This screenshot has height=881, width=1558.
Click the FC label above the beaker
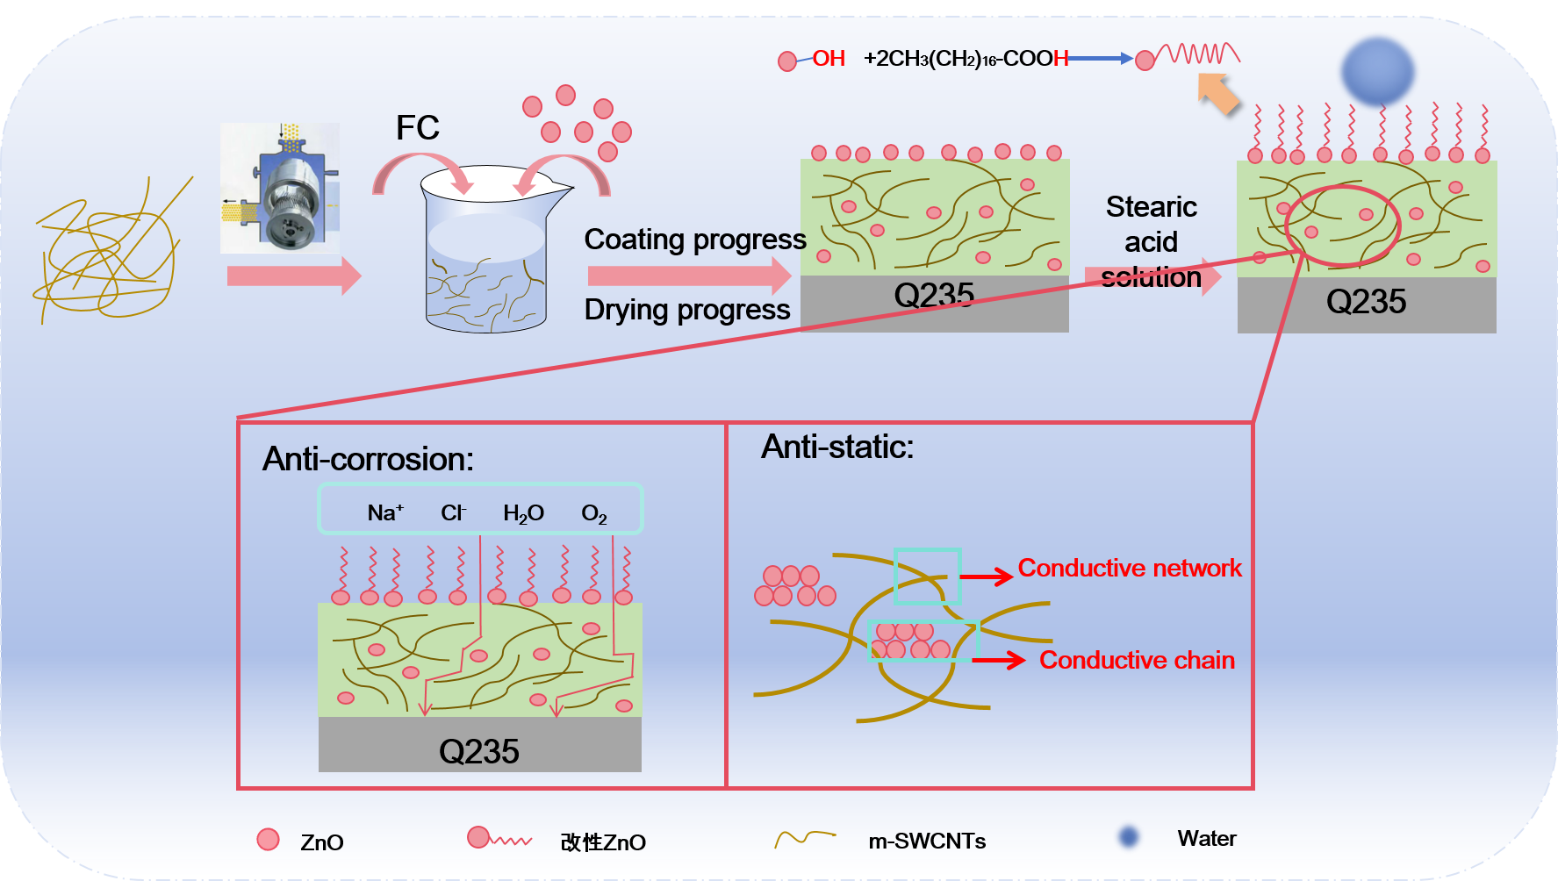pos(417,128)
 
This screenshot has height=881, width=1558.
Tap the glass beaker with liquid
pos(486,254)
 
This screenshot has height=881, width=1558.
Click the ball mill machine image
pos(280,189)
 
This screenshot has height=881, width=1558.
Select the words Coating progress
pos(694,240)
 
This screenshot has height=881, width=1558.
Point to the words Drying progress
pos(686,310)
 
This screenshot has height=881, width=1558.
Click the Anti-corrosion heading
pos(368,459)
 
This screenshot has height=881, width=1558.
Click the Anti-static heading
pos(836,448)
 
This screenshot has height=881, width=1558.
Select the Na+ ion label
pos(385,512)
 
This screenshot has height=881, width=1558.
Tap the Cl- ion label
pos(453,512)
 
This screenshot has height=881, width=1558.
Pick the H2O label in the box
pos(523,513)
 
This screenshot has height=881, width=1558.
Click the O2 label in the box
pos(594,514)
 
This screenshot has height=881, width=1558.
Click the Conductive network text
pos(1130,569)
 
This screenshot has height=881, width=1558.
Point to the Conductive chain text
pos(1137,660)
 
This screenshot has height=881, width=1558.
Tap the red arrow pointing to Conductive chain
pos(1000,660)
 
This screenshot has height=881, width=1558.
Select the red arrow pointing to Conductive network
pos(987,577)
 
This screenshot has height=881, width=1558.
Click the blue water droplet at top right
pos(1377,70)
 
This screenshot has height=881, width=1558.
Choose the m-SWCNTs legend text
pos(927,842)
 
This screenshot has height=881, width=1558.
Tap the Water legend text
pos(1206,839)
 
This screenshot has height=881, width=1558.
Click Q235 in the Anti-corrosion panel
pos(479,751)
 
